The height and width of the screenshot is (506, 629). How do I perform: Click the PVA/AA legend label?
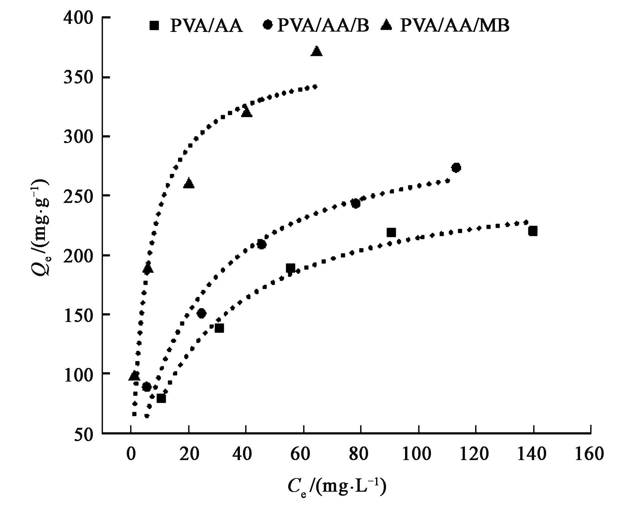tap(206, 26)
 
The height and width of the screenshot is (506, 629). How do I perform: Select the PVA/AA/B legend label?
tap(323, 26)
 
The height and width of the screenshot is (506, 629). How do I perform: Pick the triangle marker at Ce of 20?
tap(189, 183)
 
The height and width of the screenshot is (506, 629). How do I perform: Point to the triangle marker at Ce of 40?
tap(247, 112)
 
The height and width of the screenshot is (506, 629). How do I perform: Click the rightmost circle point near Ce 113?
tap(456, 168)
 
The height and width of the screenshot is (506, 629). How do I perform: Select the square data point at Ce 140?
tap(533, 231)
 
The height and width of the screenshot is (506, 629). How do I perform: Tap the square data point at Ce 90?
tap(391, 233)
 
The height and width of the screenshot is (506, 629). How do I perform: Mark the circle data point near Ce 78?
tap(355, 204)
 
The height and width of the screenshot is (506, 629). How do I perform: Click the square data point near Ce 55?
tap(290, 268)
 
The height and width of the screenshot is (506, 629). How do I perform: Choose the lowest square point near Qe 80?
tap(161, 398)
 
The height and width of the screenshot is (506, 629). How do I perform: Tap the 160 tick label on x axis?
tap(590, 454)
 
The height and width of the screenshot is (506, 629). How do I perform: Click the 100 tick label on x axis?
tap(417, 454)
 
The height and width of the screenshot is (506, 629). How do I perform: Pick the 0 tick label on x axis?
tap(131, 454)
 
